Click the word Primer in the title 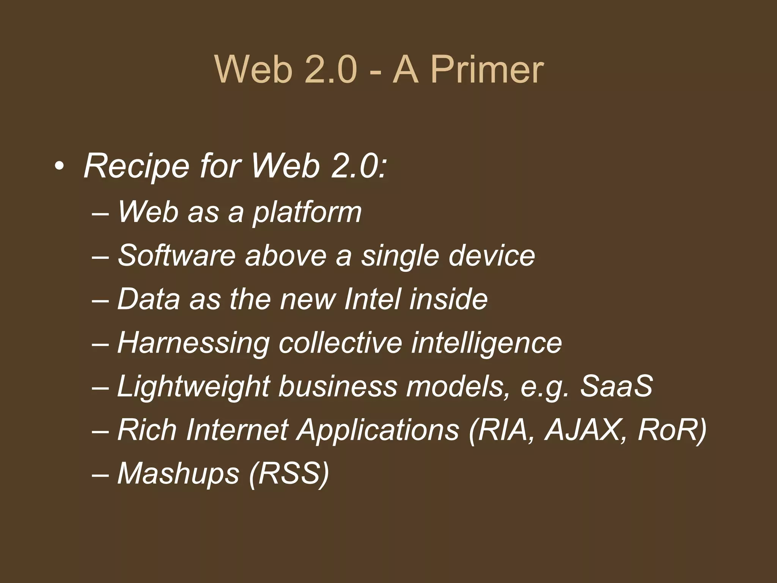click(x=487, y=70)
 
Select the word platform click(x=307, y=213)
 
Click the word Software click(x=177, y=255)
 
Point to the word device click(x=492, y=255)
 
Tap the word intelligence click(x=486, y=343)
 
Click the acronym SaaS click(x=616, y=386)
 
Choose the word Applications click(x=378, y=430)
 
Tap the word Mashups click(x=178, y=474)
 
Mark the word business click(x=338, y=386)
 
